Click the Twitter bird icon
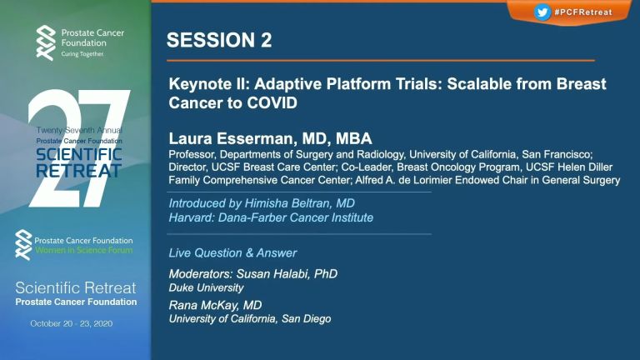click(x=542, y=12)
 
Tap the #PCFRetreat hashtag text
click(x=583, y=12)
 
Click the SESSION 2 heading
click(x=219, y=40)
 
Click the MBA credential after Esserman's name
click(x=354, y=139)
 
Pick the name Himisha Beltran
click(x=287, y=203)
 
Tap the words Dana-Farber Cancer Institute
click(x=296, y=217)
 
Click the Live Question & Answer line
click(x=232, y=253)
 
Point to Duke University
click(x=206, y=287)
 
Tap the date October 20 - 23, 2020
click(x=72, y=323)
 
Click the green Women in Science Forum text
click(x=83, y=250)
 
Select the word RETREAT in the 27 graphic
click(x=79, y=171)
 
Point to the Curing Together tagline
click(x=82, y=54)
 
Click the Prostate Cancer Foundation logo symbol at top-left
click(x=46, y=42)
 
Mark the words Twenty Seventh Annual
click(x=79, y=130)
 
